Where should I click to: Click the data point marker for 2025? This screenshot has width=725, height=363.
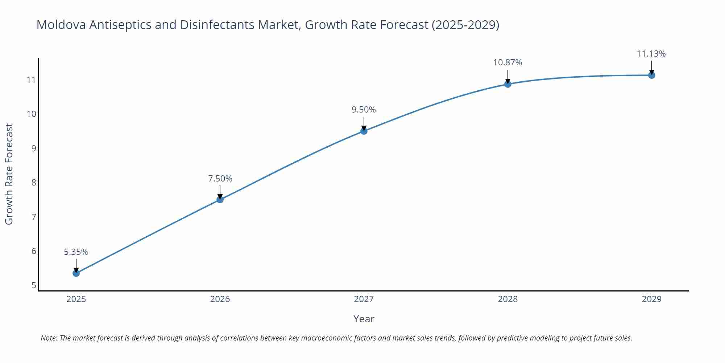click(76, 273)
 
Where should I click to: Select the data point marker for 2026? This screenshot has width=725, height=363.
click(220, 199)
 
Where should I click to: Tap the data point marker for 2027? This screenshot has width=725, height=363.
click(364, 131)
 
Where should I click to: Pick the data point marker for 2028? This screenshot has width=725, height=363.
click(508, 84)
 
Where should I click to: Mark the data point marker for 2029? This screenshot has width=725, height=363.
click(652, 75)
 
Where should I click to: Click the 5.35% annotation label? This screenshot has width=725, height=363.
click(76, 252)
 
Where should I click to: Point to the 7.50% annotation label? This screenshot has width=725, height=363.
click(220, 179)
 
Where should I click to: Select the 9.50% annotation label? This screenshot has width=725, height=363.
click(364, 110)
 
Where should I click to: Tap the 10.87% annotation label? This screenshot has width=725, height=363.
click(508, 62)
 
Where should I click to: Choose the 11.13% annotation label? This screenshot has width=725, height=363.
click(651, 54)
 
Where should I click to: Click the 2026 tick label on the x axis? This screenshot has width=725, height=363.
click(220, 299)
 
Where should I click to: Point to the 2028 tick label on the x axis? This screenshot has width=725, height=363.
click(508, 299)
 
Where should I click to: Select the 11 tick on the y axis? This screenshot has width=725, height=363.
click(32, 79)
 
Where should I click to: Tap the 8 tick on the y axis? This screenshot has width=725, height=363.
click(34, 182)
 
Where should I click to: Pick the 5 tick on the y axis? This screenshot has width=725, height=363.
click(34, 285)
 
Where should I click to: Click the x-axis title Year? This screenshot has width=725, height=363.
click(364, 319)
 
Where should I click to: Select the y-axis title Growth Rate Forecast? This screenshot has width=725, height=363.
click(9, 174)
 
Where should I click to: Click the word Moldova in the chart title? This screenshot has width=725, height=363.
click(61, 25)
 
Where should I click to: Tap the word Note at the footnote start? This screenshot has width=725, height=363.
click(49, 338)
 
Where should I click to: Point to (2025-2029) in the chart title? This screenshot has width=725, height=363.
click(465, 25)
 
